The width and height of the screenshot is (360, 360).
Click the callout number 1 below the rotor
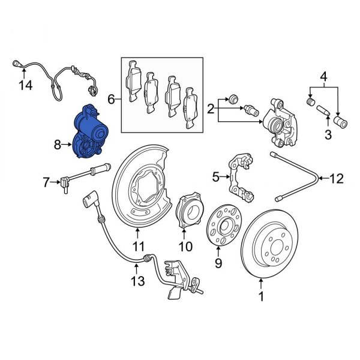click(x=261, y=296)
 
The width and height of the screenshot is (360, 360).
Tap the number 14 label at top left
click(x=25, y=86)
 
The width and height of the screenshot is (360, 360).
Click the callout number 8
click(x=57, y=145)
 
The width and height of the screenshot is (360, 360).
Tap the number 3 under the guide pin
click(x=328, y=134)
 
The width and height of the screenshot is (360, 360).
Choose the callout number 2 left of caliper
click(x=211, y=109)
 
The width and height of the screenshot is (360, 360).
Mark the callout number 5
click(x=215, y=177)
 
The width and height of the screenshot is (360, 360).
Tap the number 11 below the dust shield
click(x=139, y=246)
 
